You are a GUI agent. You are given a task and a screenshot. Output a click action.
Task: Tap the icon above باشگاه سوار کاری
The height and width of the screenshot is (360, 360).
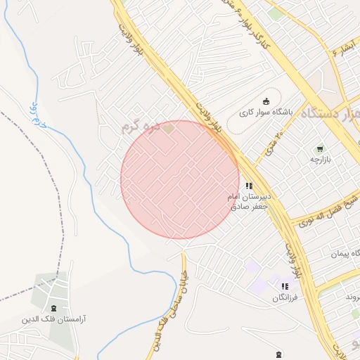(266, 101)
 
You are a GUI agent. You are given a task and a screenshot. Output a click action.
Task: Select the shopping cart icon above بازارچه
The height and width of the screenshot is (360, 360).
(320, 148)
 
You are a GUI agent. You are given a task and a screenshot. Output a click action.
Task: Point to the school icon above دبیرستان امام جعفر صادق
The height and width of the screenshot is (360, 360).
(249, 186)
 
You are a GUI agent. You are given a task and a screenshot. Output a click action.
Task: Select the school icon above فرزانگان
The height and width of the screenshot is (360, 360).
(285, 286)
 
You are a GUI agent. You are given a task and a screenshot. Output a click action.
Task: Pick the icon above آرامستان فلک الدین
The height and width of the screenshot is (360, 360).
(54, 308)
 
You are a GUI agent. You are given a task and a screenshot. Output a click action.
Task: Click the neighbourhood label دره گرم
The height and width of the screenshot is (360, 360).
(136, 128)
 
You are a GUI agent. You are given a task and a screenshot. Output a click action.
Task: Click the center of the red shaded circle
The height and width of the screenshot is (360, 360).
(180, 179)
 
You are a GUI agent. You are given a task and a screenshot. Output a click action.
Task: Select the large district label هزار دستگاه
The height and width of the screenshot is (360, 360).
(330, 113)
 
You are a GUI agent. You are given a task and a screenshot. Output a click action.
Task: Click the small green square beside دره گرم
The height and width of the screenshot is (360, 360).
(168, 128)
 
